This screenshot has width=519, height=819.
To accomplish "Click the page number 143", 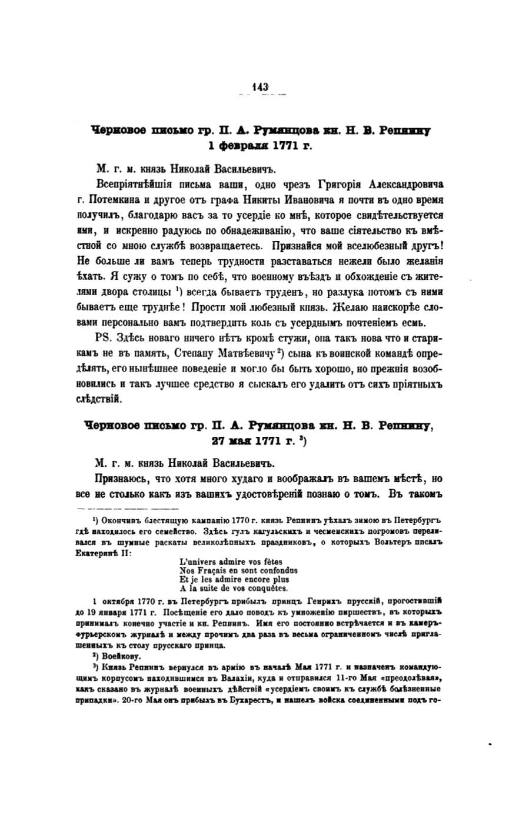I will coord(260,86).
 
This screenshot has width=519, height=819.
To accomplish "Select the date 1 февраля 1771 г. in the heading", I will coord(259,145).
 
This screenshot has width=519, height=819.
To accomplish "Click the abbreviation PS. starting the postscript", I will coord(102,339).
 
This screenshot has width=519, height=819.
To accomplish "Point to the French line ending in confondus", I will coord(238,570).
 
